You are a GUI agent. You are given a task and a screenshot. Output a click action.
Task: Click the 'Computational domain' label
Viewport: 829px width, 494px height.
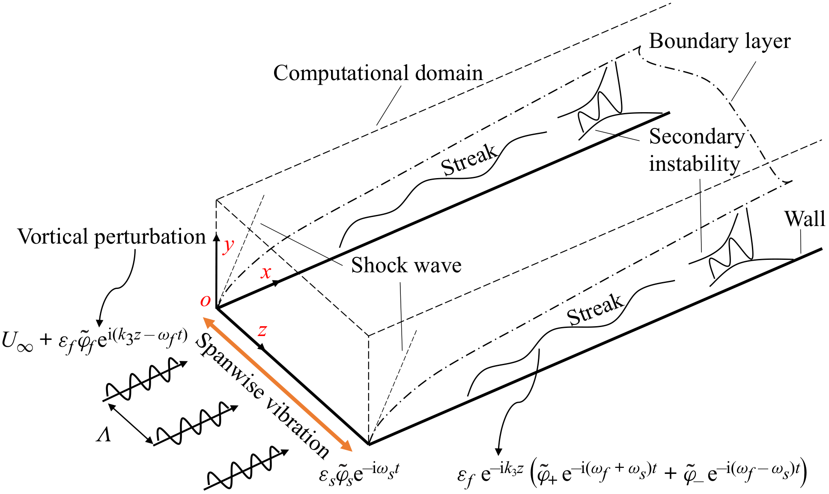[x=378, y=73]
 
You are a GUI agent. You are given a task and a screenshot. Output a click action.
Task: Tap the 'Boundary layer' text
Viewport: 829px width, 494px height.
[x=719, y=42]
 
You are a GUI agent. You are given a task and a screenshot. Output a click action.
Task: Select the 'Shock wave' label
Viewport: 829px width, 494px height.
[x=406, y=265]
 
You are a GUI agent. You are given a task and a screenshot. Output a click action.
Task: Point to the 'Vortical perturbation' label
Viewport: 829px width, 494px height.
[x=111, y=237]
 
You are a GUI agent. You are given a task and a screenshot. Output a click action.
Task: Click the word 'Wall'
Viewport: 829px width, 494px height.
[x=804, y=219]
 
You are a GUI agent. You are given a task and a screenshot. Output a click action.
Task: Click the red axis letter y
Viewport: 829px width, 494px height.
[x=229, y=246]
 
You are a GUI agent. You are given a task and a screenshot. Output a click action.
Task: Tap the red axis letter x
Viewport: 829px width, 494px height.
[x=266, y=272]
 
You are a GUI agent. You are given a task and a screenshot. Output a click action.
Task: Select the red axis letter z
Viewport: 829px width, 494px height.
[x=262, y=330]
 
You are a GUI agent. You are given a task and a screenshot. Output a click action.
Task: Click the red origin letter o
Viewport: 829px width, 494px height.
[x=206, y=301]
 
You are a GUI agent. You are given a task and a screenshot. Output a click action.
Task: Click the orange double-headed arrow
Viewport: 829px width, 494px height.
[x=277, y=384]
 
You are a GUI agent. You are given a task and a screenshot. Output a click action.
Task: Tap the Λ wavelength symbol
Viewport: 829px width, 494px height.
[x=104, y=436]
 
